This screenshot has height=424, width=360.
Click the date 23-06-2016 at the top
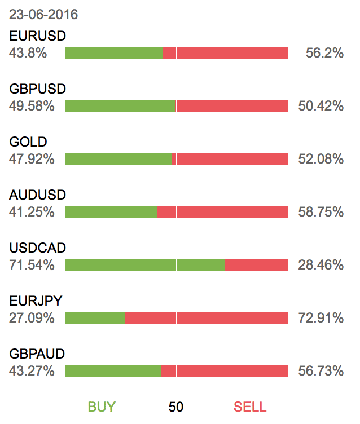tap(43, 15)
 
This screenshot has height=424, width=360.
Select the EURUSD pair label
tap(38, 36)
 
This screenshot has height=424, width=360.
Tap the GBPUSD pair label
tap(38, 89)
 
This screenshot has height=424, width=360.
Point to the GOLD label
tap(28, 142)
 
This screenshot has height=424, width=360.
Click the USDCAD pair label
tap(38, 248)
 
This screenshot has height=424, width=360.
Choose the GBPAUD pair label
tap(37, 354)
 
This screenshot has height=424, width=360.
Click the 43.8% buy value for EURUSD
tap(28, 54)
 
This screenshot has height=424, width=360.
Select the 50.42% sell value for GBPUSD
tap(321, 107)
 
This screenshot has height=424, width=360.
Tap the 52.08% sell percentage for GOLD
tap(321, 160)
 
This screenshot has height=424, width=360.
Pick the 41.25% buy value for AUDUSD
tap(32, 213)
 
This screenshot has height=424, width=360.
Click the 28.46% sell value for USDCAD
tap(321, 266)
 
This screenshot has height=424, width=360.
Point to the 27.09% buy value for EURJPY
tap(32, 319)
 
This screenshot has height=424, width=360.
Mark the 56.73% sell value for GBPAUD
tap(321, 372)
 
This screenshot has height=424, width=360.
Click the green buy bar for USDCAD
tap(145, 265)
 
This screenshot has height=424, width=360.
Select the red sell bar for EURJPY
tap(207, 318)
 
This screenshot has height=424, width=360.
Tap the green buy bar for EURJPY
tap(95, 318)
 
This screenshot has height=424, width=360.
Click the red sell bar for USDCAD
tap(257, 265)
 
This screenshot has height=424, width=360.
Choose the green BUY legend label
tap(102, 407)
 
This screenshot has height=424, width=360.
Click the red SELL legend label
tap(250, 407)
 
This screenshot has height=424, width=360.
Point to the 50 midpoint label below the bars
tap(176, 407)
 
